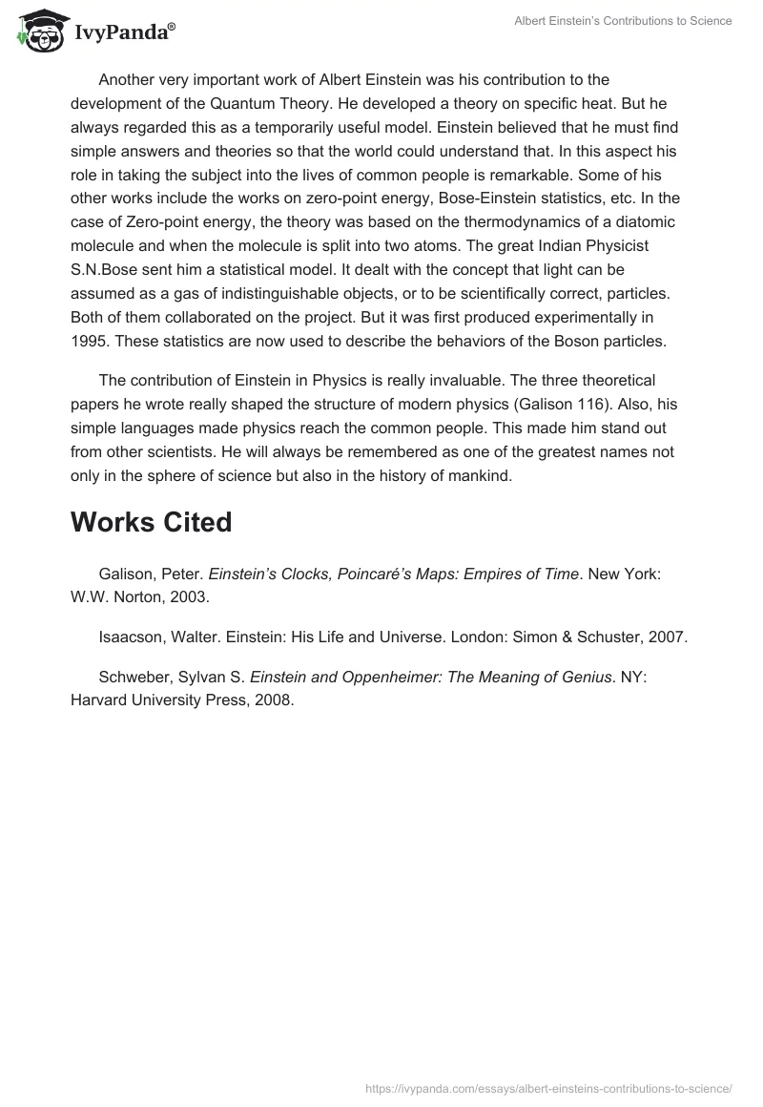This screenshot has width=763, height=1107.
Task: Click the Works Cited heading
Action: [x=151, y=522]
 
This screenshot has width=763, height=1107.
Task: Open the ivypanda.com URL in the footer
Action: [x=548, y=1088]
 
